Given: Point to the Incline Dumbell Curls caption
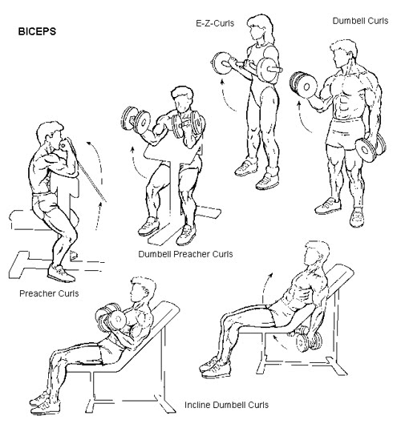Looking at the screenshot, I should (x=227, y=406).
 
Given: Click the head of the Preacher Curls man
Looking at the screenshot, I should (x=47, y=133).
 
